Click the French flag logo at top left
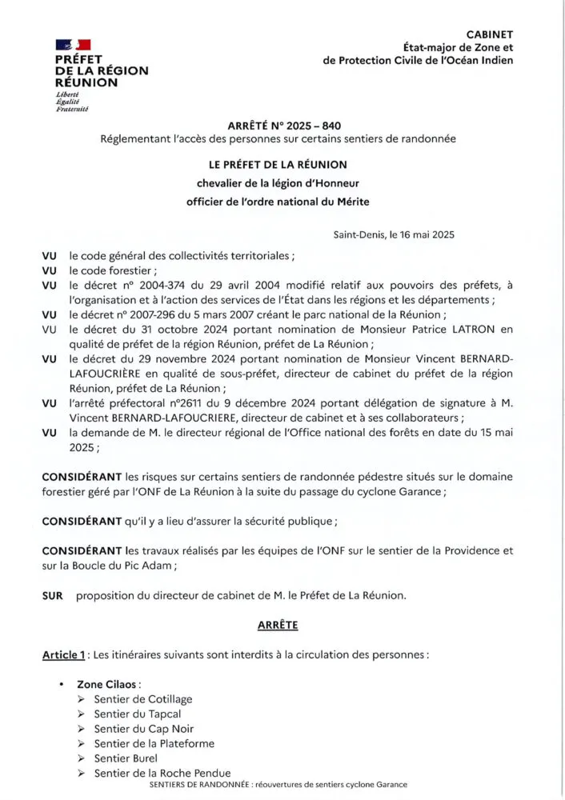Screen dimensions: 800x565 [73, 45]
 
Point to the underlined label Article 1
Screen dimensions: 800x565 [64, 655]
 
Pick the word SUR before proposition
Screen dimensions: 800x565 [52, 595]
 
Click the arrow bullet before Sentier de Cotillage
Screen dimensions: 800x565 [82, 699]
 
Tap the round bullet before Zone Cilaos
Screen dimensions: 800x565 [61, 685]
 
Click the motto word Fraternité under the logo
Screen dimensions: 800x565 [72, 108]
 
